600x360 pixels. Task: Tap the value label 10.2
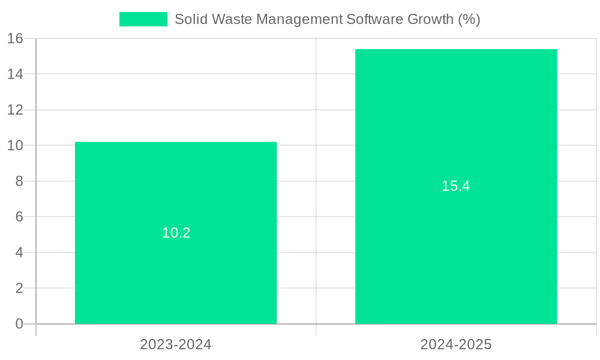[176, 233]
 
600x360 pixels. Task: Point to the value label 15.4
[456, 186]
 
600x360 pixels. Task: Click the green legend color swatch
[143, 19]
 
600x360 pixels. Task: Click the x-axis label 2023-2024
[176, 345]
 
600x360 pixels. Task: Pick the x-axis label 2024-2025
[456, 345]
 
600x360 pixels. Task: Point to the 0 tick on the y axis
[19, 324]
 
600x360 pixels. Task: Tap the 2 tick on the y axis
[19, 288]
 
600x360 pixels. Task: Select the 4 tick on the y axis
[19, 253]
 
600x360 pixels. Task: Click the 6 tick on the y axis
[19, 217]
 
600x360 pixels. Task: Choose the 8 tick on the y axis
[19, 181]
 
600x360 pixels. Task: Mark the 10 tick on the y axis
[16, 145]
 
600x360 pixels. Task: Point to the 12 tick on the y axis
[16, 110]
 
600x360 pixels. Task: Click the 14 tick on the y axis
[16, 74]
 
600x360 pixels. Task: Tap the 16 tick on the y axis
[16, 38]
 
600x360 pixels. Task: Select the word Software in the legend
[374, 19]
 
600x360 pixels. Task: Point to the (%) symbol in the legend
[469, 19]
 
